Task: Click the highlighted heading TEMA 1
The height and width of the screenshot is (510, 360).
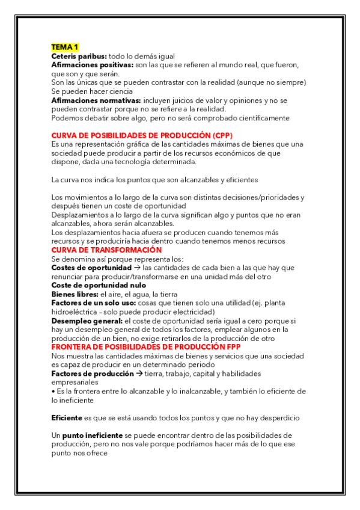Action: coord(65,47)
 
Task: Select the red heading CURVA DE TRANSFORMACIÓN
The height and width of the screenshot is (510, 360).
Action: coord(106,250)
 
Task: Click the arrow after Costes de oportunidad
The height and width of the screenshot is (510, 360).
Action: coord(136,268)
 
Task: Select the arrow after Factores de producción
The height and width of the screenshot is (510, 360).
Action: coord(138,374)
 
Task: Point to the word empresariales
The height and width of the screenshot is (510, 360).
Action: coord(75,382)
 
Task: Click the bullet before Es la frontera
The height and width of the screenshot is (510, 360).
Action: coord(53,392)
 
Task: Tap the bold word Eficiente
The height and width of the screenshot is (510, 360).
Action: coord(67,417)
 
